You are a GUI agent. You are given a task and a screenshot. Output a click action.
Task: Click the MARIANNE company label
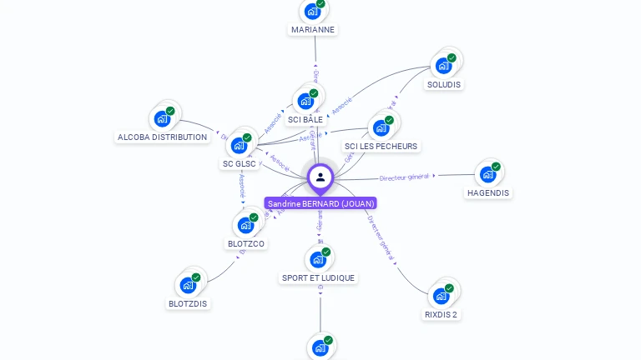(313, 29)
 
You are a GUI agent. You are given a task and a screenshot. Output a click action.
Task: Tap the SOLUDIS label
(444, 84)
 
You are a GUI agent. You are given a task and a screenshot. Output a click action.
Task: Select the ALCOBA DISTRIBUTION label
(162, 137)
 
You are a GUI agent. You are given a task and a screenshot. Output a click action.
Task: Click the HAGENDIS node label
(488, 192)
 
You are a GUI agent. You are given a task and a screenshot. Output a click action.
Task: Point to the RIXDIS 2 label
(441, 314)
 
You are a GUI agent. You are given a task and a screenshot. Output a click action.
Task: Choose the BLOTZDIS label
(188, 303)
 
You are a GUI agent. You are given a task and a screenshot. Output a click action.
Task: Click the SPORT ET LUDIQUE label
(318, 277)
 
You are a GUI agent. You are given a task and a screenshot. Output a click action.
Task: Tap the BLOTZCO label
(246, 243)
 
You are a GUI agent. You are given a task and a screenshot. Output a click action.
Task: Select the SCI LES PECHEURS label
(381, 147)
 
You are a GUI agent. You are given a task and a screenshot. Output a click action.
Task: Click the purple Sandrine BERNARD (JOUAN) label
(320, 203)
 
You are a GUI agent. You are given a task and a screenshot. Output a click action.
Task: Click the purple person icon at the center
(320, 177)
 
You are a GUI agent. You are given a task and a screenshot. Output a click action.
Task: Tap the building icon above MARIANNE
(312, 11)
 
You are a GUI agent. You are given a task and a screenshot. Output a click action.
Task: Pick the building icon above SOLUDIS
(443, 65)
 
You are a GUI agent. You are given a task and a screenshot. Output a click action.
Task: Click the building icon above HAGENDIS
(487, 174)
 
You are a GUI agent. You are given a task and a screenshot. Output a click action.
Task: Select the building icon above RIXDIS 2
(441, 296)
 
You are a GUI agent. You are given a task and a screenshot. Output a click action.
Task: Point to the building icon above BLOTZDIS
(188, 285)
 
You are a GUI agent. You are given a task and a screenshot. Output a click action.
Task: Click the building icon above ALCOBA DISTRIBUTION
(162, 118)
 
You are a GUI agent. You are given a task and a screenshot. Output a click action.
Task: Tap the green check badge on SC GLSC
(247, 137)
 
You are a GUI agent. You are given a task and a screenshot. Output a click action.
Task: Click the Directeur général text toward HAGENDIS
(404, 177)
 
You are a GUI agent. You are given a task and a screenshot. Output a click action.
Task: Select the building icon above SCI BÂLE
(305, 102)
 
